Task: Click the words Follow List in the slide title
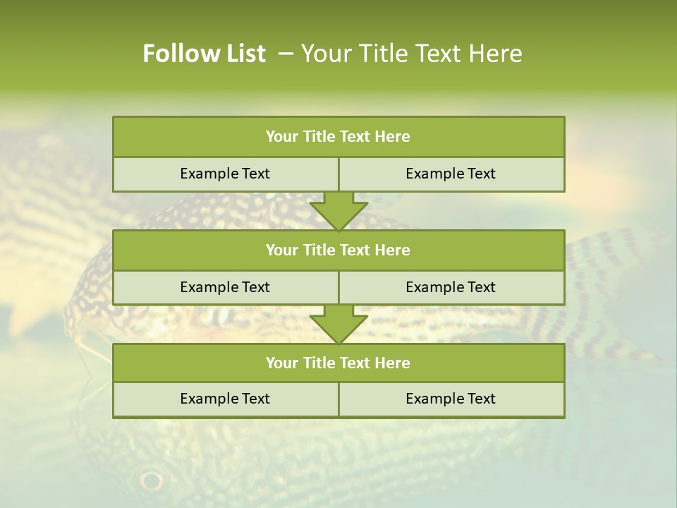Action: [204, 54]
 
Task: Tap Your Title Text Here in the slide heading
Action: [411, 54]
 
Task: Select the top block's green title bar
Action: [338, 137]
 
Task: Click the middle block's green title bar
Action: [338, 250]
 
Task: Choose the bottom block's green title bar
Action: [338, 363]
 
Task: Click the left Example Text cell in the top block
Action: [225, 174]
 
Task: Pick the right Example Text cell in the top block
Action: [451, 174]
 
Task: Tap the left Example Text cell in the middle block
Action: [225, 287]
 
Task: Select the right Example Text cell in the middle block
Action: [451, 287]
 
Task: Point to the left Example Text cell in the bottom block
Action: [225, 399]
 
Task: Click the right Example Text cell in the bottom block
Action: [451, 399]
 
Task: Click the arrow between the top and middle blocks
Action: [338, 212]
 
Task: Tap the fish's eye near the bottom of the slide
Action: [151, 480]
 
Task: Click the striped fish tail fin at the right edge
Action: [621, 282]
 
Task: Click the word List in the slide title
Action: [243, 54]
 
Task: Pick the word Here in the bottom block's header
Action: [393, 363]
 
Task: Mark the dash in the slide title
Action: [286, 54]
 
